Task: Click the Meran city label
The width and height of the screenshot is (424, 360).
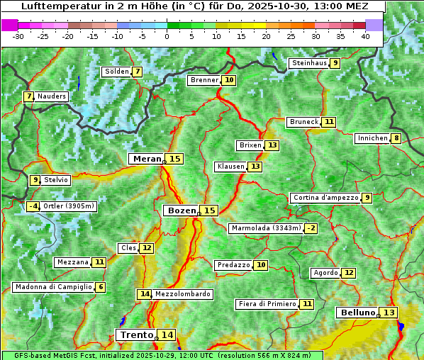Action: click(146, 159)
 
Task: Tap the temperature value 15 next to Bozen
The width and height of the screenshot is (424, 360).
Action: click(209, 210)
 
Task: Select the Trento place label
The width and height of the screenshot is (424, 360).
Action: click(136, 334)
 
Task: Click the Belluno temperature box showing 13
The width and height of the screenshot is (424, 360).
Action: click(389, 313)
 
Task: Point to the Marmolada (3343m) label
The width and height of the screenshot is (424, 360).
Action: click(266, 228)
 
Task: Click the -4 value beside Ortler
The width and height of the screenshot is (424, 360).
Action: click(33, 206)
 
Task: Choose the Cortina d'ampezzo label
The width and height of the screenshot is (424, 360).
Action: click(325, 198)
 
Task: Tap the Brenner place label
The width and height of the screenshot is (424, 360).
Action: click(204, 80)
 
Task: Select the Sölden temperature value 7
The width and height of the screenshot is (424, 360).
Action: click(137, 72)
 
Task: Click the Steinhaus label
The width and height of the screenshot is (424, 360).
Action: click(308, 63)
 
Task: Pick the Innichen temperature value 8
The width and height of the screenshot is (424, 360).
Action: click(396, 138)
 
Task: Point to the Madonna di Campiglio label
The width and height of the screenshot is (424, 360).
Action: click(53, 287)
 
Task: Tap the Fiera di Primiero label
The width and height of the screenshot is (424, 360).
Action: click(267, 304)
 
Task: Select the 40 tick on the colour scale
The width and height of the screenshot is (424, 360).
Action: click(365, 36)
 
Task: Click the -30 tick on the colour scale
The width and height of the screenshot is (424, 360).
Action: click(18, 36)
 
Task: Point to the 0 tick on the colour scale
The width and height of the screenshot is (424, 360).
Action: click(167, 36)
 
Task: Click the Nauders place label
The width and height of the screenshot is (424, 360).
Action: click(52, 96)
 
